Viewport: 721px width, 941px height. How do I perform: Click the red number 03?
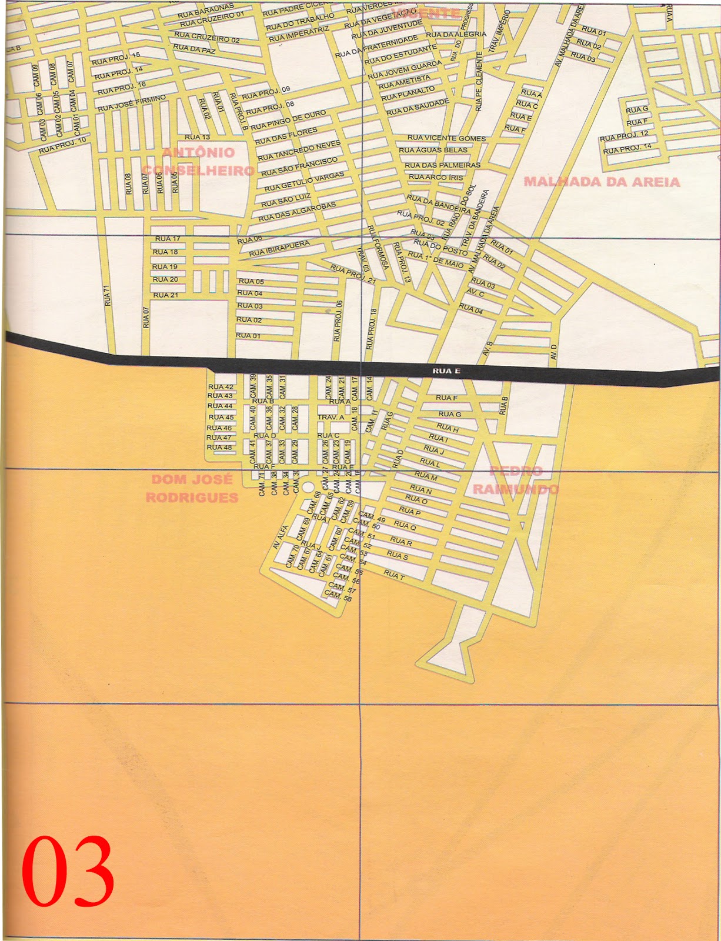68,871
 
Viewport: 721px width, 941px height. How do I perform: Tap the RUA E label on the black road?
446,371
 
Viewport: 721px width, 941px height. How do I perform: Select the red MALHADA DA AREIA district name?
602,182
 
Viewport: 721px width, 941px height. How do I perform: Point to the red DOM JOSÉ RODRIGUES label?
192,489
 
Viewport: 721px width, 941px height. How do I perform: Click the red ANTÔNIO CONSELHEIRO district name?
198,162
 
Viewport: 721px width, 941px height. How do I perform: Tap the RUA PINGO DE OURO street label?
288,120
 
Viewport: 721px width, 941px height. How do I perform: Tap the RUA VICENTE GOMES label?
446,138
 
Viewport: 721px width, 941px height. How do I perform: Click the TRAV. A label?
331,417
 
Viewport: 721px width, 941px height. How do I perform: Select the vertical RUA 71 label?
107,295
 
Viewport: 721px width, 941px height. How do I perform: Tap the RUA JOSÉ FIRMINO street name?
132,103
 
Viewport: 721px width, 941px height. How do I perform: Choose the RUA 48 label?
219,448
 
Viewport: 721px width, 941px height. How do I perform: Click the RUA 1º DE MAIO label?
436,259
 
